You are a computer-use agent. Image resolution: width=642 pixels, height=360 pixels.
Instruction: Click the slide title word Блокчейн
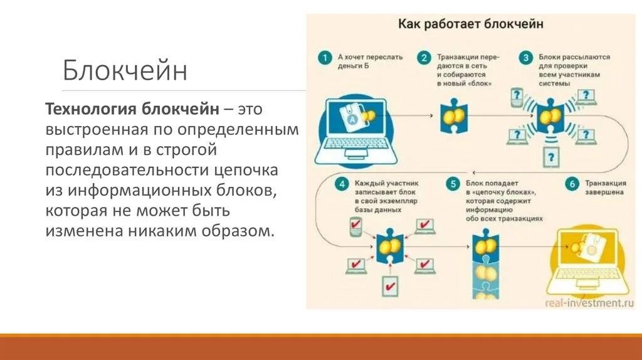[125, 70]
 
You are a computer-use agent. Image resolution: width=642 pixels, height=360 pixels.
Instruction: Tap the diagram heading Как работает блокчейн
[471, 24]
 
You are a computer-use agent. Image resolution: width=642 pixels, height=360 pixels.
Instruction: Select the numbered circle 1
[324, 58]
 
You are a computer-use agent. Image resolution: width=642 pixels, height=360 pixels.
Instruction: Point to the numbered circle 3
[526, 58]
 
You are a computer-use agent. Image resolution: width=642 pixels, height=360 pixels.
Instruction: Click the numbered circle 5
[452, 184]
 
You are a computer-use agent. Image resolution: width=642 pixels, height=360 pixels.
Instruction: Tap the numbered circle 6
[571, 184]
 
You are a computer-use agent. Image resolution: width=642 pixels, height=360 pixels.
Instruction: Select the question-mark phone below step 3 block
[550, 155]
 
